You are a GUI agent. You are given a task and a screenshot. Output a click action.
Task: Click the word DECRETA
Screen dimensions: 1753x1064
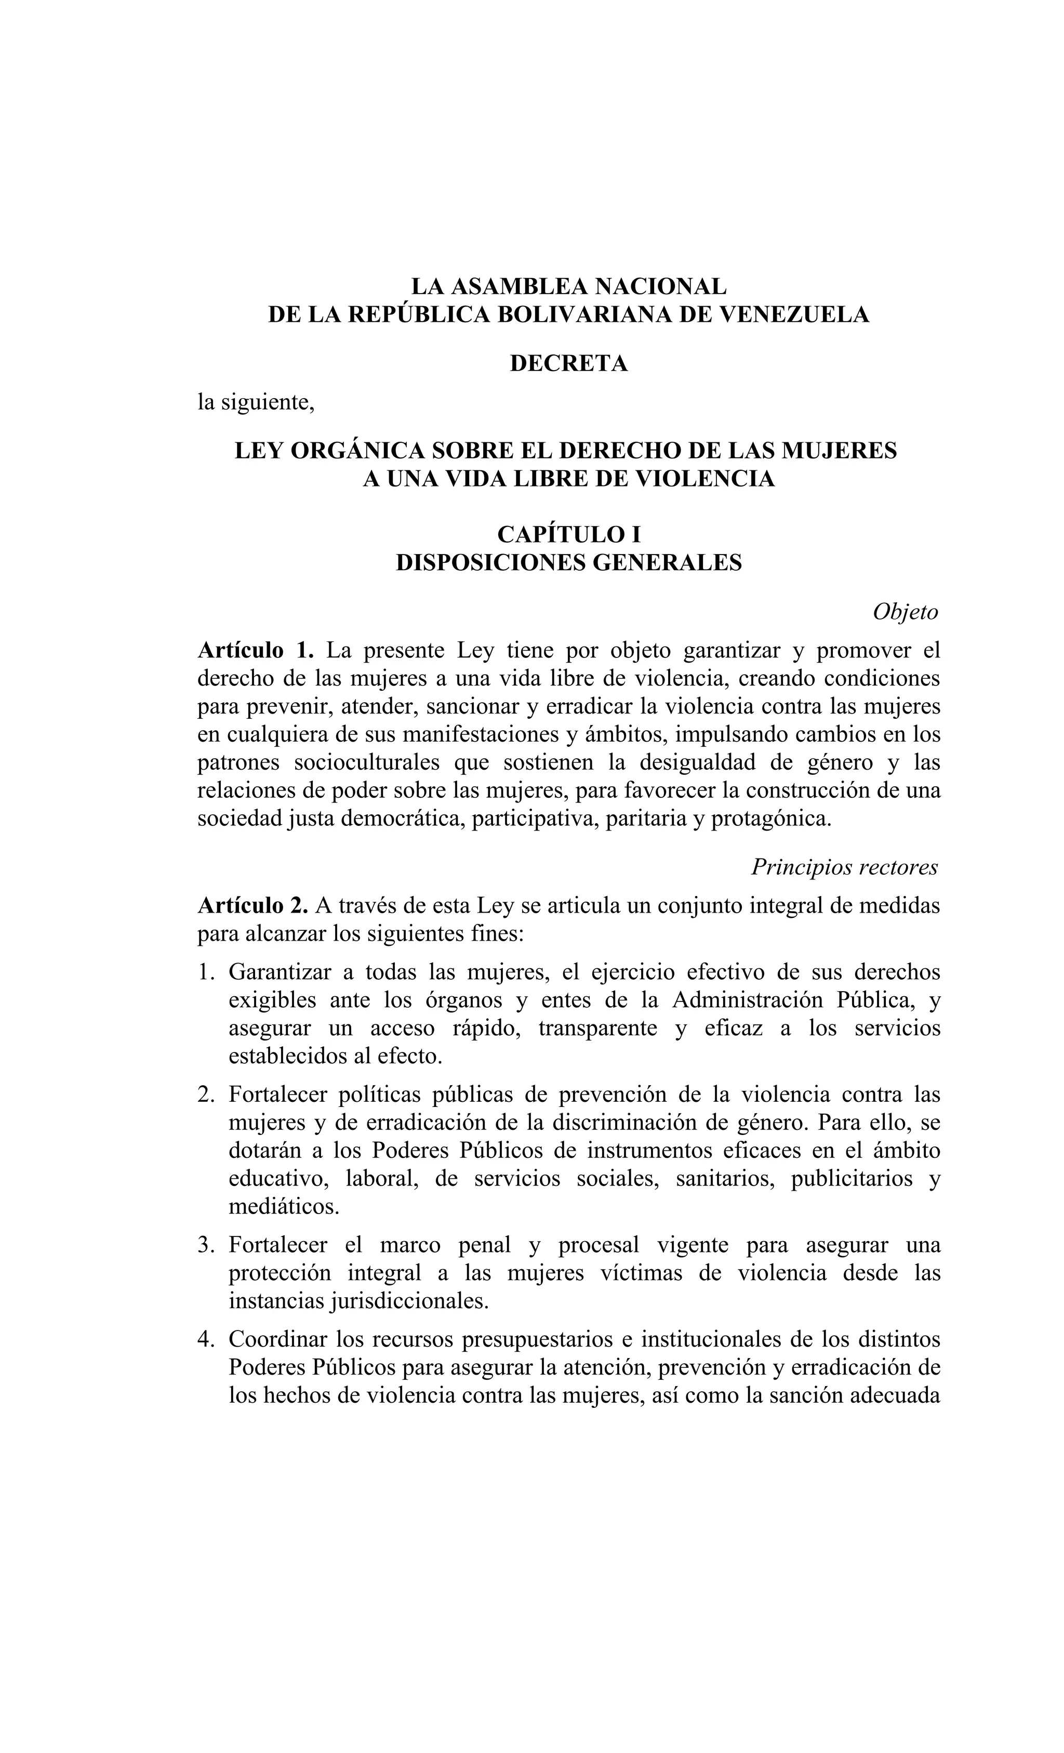[x=568, y=364]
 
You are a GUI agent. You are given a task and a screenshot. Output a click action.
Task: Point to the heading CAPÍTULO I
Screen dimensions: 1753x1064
[x=568, y=534]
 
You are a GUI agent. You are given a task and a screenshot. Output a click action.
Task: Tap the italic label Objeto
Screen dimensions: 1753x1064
[x=905, y=612]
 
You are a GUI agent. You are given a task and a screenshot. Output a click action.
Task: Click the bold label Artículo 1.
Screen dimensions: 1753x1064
[x=255, y=650]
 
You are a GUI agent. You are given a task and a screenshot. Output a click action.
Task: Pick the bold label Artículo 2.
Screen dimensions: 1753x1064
[x=252, y=906]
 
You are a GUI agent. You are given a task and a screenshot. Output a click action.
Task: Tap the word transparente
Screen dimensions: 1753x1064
[x=597, y=1029]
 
